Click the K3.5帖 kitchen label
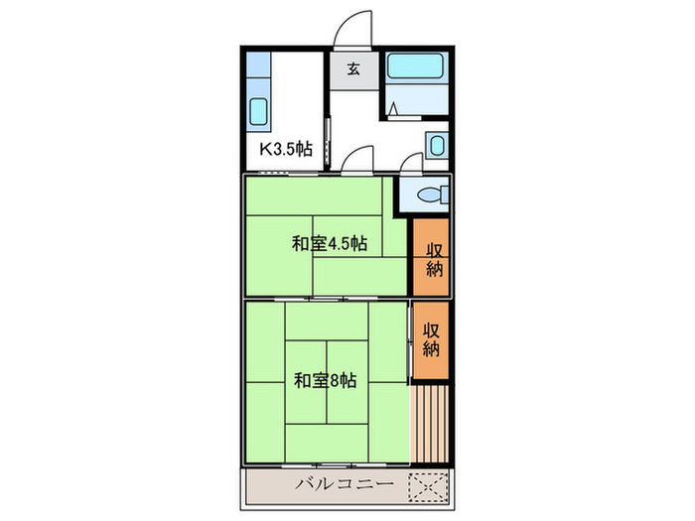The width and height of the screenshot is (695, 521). [x=286, y=150]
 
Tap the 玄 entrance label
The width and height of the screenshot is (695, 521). [x=353, y=69]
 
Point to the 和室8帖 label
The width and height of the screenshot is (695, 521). [x=325, y=380]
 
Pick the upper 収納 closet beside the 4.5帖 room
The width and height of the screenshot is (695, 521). [x=433, y=259]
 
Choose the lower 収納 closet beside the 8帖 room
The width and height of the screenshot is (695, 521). [x=432, y=340]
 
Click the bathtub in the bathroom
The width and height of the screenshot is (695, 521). [x=418, y=68]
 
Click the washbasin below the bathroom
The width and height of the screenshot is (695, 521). [x=439, y=146]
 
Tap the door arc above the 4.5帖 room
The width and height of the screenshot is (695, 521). [x=356, y=159]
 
